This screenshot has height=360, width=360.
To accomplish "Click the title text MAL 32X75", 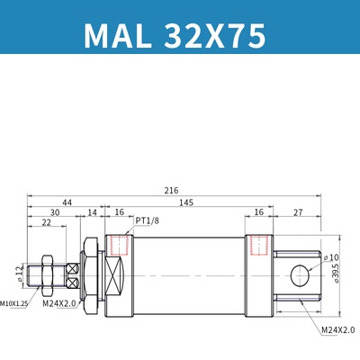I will [175, 36].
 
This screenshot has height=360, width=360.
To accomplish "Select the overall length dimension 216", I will [171, 190].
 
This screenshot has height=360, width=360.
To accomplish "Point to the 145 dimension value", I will [184, 202].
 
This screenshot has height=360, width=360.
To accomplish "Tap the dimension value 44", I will [67, 202].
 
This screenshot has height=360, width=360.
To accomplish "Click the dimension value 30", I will [56, 212].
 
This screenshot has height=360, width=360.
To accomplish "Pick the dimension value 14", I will [92, 212].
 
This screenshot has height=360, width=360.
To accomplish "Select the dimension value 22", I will [45, 223].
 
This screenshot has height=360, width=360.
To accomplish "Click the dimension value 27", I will [298, 212].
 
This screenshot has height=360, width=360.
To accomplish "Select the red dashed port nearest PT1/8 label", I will [118, 244].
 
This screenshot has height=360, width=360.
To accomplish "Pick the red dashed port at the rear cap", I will [258, 245].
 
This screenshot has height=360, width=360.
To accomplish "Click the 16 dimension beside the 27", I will [258, 212].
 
